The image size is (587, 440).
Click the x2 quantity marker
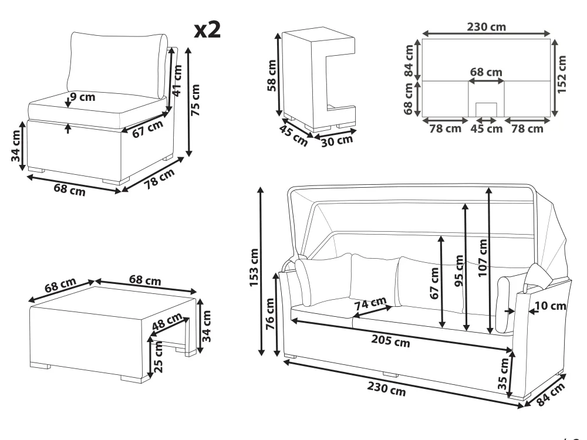[x=207, y=29]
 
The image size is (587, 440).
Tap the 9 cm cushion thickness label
[x=83, y=97]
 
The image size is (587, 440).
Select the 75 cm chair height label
[x=195, y=100]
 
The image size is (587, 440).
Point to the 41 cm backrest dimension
[x=177, y=80]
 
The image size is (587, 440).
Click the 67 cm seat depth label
[x=147, y=128]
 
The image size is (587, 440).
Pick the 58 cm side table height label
[x=272, y=75]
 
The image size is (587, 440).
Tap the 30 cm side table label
[x=337, y=141]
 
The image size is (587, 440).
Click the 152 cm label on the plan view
[x=562, y=74]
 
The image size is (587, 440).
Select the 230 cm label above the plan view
[x=486, y=27]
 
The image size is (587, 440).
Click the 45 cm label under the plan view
[x=486, y=128]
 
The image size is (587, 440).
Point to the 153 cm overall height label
[x=254, y=268]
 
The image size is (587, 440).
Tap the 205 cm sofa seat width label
[x=390, y=341]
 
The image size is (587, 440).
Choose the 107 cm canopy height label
[x=483, y=258]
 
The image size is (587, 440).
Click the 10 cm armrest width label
[x=550, y=306]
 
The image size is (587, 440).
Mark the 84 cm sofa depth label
[x=551, y=394]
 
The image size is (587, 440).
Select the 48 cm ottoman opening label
[x=167, y=321]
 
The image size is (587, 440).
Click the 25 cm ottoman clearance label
[x=158, y=357]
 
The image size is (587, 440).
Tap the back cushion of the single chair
[x=117, y=63]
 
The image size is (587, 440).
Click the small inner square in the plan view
[x=486, y=110]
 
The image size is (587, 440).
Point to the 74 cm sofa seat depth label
[x=370, y=303]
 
